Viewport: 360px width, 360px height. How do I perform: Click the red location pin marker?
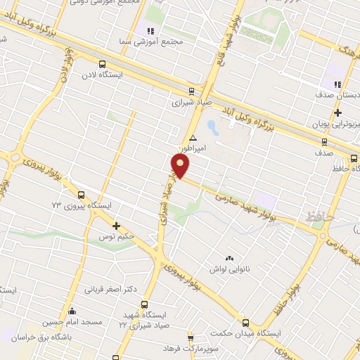[x=181, y=166]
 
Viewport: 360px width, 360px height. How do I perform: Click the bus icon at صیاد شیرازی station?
[x=192, y=91]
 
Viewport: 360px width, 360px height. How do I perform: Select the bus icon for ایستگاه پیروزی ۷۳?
[x=81, y=195]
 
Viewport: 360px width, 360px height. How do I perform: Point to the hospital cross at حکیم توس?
[x=117, y=226]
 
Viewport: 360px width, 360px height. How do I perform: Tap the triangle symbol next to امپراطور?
[x=193, y=138]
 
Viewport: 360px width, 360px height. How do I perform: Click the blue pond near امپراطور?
[x=212, y=127]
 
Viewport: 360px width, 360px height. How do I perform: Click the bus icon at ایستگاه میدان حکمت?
[x=245, y=321]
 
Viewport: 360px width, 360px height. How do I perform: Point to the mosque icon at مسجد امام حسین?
[x=71, y=310]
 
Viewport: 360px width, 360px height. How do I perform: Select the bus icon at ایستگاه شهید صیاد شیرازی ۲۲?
[x=144, y=305]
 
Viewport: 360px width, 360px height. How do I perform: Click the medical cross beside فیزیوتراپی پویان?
[x=338, y=112]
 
